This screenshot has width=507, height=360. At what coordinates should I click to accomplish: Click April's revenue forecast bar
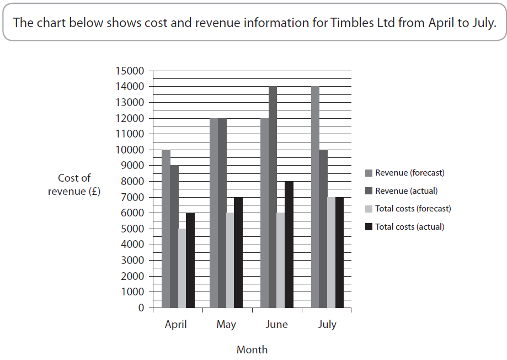166,229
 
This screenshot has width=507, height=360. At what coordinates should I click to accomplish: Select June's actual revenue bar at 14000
273,197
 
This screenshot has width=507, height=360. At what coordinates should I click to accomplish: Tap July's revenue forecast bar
315,197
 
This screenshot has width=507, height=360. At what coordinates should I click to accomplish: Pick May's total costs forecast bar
230,260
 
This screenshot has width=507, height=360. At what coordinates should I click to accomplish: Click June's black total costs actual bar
289,245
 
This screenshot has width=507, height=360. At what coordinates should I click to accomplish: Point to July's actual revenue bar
323,229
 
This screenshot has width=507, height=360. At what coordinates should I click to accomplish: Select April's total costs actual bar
190,260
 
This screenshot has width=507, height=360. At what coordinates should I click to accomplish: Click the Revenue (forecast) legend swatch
369,173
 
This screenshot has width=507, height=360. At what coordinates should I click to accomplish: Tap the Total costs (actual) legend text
409,227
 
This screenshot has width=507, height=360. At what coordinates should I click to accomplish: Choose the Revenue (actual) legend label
406,191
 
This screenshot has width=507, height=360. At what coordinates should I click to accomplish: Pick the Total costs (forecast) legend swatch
369,209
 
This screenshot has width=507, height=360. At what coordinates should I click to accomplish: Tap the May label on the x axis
226,324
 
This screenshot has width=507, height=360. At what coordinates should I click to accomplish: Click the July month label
327,324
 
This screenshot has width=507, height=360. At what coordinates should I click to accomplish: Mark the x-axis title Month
252,350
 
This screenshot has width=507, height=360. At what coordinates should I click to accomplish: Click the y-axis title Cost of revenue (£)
74,185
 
